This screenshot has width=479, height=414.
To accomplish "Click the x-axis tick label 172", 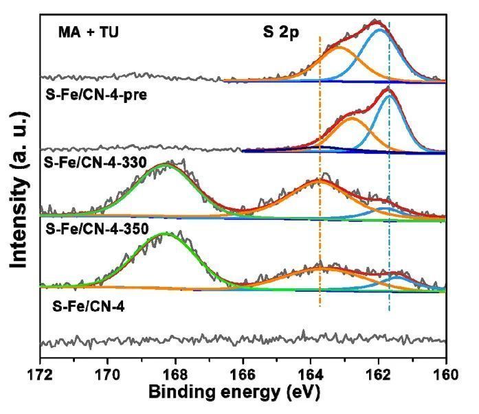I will [x=41, y=375].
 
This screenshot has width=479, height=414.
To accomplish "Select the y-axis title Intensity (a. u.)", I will [x=18, y=185].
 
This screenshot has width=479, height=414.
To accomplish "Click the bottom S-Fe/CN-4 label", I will [x=84, y=308].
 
